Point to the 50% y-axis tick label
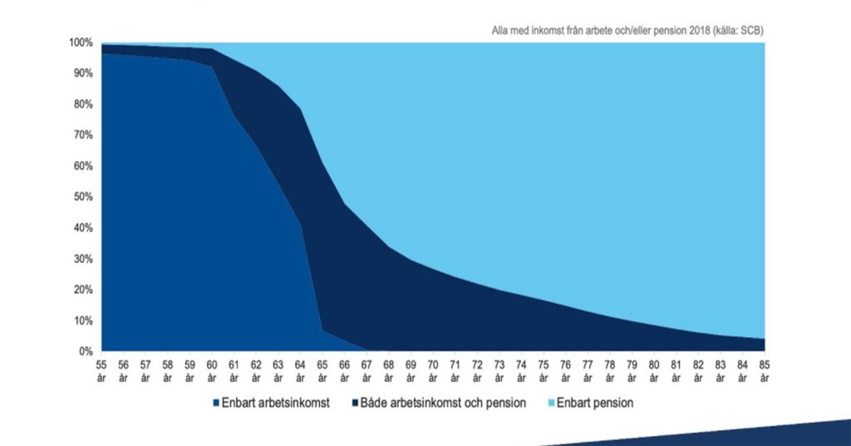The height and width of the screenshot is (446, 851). [x=82, y=197]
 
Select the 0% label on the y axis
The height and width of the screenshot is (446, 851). [x=86, y=351]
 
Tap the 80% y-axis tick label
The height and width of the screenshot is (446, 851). [x=82, y=105]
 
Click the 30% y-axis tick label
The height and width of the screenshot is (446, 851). [x=82, y=259]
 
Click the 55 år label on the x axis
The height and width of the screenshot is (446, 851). [x=101, y=370]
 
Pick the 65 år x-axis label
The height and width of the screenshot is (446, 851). [x=322, y=370]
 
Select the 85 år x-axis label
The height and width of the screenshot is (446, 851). [x=765, y=370]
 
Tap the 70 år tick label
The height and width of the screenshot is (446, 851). [x=433, y=370]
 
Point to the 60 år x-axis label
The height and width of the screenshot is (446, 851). [x=212, y=370]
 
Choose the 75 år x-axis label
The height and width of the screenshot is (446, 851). [x=544, y=370]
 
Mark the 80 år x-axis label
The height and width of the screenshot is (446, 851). [x=654, y=370]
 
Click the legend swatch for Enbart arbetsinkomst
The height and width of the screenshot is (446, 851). [x=216, y=403]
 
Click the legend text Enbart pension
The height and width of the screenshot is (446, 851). [x=596, y=403]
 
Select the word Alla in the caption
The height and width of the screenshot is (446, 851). [x=501, y=31]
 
